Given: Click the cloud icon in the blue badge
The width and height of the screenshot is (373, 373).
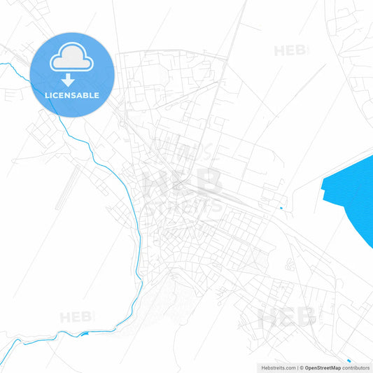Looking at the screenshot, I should [72, 59].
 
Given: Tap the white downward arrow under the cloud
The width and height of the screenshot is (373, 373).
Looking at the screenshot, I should [68, 80].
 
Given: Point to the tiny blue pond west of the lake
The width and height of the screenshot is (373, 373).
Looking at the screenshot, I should [281, 208].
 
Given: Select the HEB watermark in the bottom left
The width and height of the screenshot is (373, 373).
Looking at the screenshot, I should [75, 317].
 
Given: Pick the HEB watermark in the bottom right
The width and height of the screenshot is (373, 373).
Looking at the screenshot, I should [287, 318].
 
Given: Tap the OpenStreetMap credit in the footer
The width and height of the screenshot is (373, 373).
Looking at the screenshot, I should [323, 367].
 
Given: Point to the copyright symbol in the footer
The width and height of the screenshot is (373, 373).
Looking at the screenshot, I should [301, 367].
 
